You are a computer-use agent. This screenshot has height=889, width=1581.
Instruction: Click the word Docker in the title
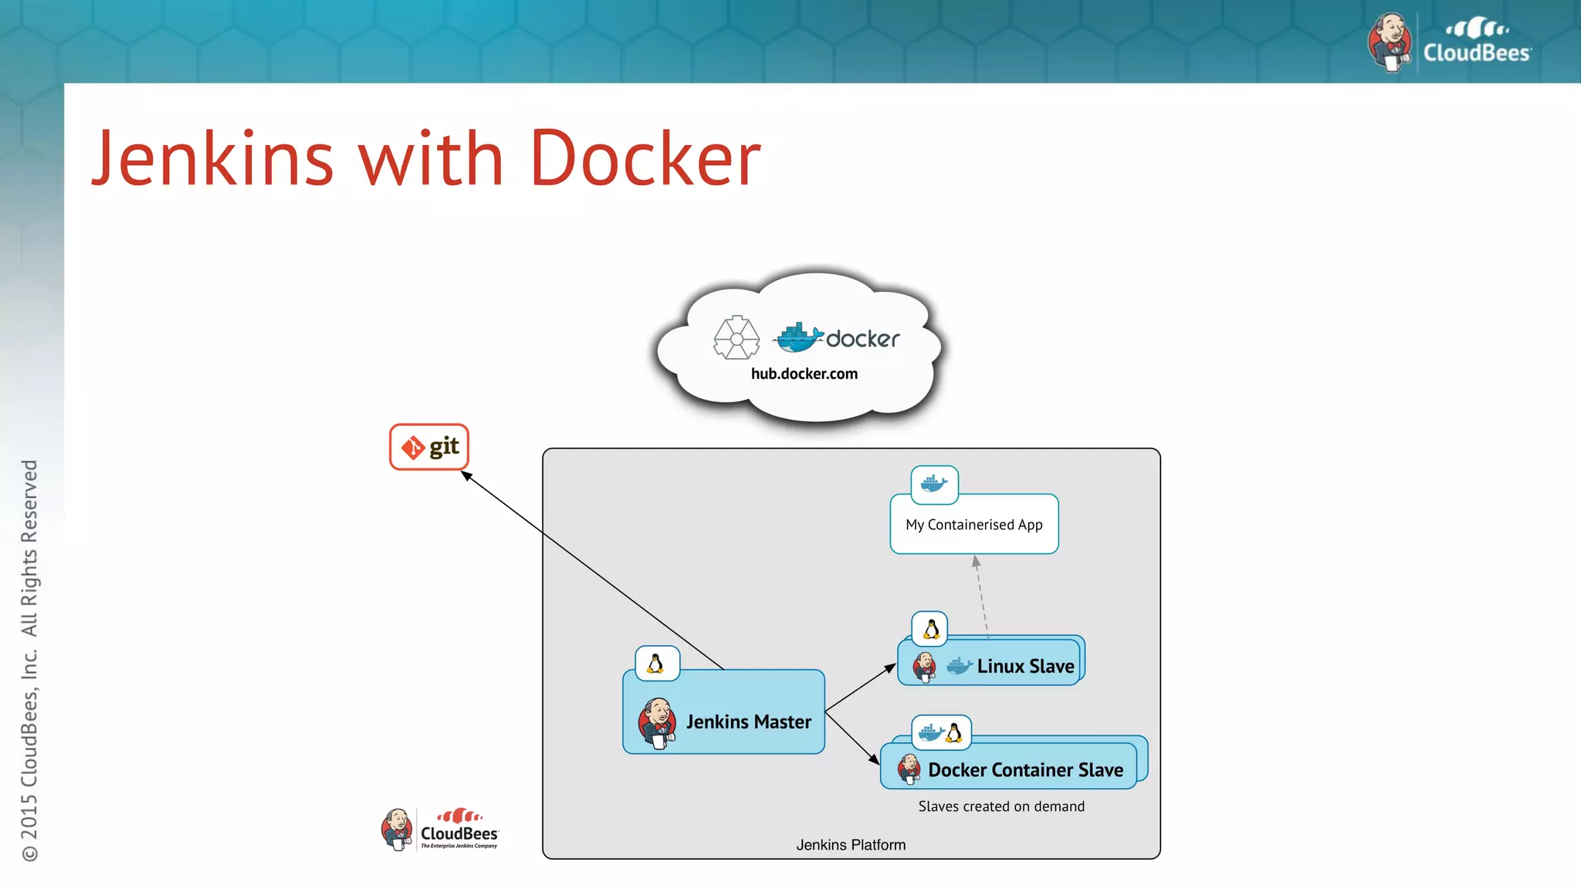(x=645, y=159)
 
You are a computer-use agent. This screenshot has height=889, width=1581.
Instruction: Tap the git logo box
(x=429, y=447)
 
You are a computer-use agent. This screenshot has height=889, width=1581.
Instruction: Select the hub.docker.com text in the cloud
(x=804, y=374)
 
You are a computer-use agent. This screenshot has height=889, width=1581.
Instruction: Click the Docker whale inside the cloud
(x=798, y=338)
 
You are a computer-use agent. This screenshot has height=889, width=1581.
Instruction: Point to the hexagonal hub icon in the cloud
(x=736, y=337)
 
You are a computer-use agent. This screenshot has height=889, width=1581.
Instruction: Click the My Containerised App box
(x=973, y=525)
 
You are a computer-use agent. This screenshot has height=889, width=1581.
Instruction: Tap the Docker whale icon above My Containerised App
(x=934, y=484)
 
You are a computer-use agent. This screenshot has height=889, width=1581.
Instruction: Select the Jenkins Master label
(x=748, y=722)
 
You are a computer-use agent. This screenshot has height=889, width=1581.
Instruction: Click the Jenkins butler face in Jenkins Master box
(x=658, y=722)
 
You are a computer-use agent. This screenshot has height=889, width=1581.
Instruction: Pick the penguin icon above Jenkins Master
(x=656, y=664)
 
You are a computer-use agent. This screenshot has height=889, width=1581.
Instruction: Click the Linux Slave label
(x=1025, y=666)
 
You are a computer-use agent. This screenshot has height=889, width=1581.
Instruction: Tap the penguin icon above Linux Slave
(x=930, y=629)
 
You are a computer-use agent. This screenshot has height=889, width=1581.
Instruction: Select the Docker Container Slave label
(x=1025, y=769)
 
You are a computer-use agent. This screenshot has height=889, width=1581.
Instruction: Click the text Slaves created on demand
(x=1001, y=806)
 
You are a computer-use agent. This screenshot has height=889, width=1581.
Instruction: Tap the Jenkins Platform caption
(x=851, y=845)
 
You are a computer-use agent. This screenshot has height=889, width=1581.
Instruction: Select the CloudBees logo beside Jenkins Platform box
(x=441, y=830)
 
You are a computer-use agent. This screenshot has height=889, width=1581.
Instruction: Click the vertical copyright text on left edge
(x=29, y=660)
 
